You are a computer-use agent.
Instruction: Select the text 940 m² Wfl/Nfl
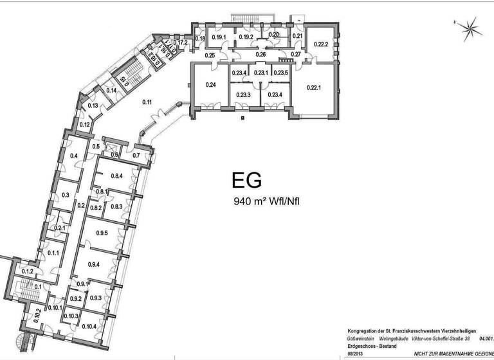[267, 201]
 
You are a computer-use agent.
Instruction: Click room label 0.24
[210, 85]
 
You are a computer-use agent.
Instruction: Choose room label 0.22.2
[320, 44]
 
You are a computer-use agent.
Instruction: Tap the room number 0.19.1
[219, 37]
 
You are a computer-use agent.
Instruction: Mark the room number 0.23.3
[242, 95]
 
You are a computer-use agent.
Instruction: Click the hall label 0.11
[147, 102]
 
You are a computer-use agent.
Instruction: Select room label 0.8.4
[116, 175]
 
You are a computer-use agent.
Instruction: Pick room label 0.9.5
[102, 233]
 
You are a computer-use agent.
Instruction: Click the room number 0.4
[73, 156]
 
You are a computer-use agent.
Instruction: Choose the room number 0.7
[136, 155]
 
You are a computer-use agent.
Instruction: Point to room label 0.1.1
[53, 253]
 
